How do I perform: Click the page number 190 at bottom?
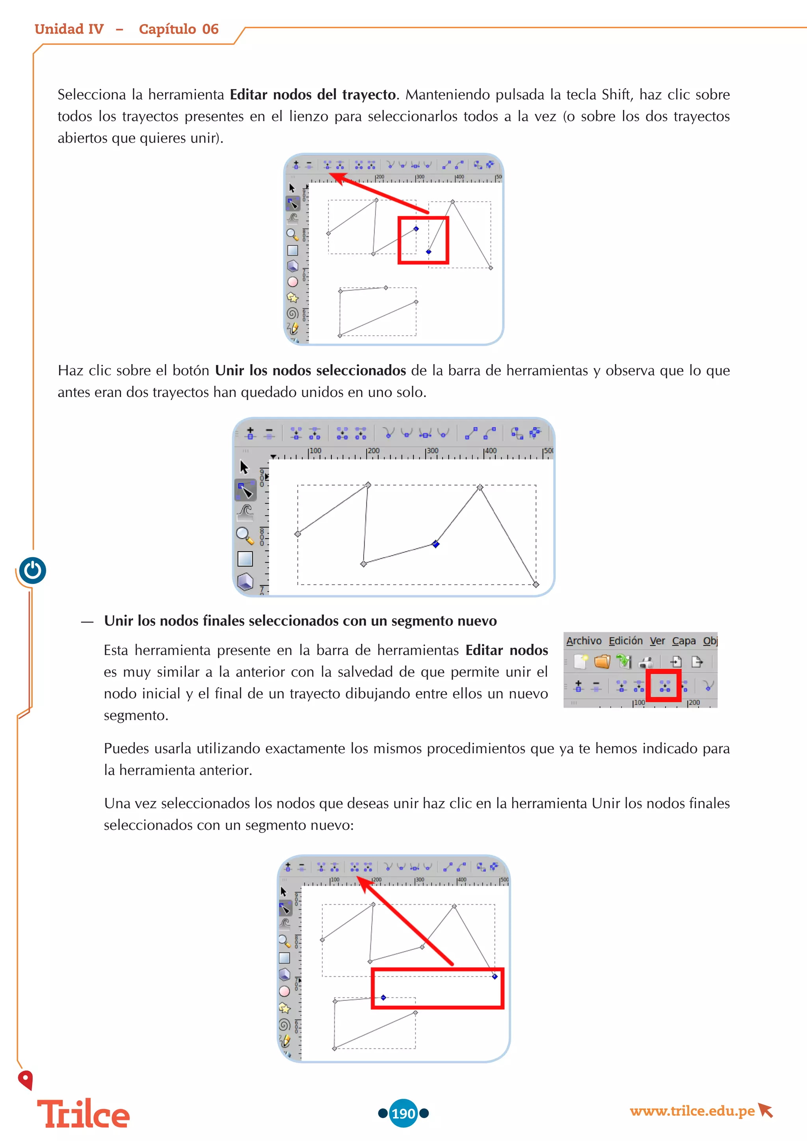(x=403, y=1113)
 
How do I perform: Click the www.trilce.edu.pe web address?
(x=692, y=1111)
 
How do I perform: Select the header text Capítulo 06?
(x=179, y=29)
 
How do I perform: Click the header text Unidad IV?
(x=69, y=29)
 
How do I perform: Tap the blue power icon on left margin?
(x=33, y=570)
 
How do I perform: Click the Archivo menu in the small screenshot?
(x=584, y=641)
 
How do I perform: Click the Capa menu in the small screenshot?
(x=683, y=641)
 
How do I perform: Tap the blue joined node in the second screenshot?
(x=436, y=544)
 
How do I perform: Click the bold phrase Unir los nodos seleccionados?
(x=310, y=371)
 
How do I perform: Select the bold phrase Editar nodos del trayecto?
(x=312, y=95)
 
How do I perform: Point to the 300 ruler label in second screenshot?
(x=432, y=451)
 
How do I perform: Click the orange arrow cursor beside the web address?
(x=766, y=1110)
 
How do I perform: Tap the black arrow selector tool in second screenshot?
(x=244, y=466)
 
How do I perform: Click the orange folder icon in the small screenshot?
(x=602, y=662)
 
